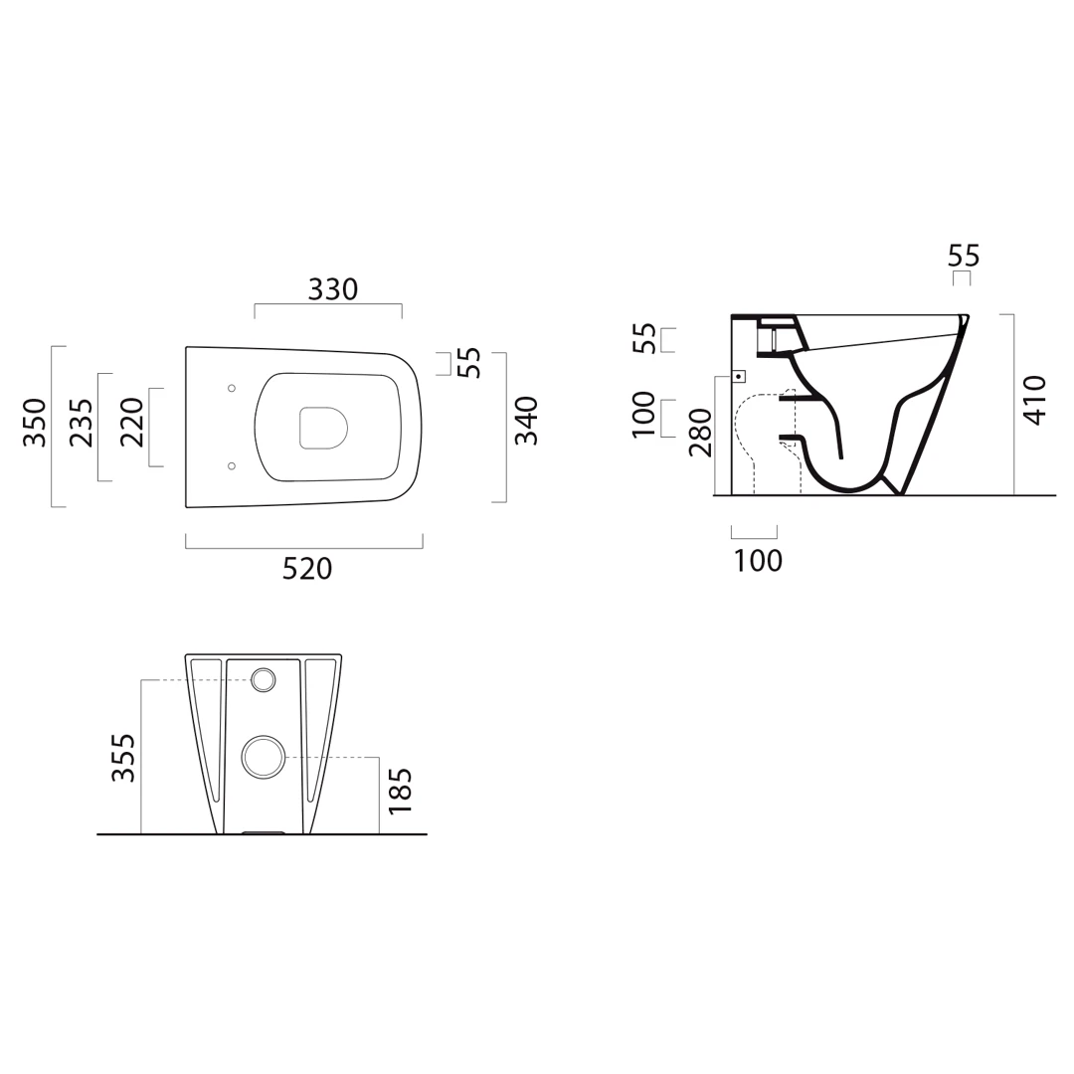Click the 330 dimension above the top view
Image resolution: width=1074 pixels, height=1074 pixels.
pos(333,289)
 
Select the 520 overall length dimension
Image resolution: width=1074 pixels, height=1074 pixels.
pos(307,569)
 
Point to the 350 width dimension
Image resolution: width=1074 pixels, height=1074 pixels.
pos(34,422)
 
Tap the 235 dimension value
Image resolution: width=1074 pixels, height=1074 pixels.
pos(82,423)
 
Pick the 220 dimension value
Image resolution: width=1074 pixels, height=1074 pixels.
pos(131,422)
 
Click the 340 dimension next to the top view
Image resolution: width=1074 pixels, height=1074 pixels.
pos(526,421)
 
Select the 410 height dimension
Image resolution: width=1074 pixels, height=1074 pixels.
pos(1035,400)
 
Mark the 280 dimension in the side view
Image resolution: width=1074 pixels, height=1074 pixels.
pos(701,433)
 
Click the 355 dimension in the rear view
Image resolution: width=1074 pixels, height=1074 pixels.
pos(124,758)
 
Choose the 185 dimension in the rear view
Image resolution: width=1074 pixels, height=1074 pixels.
pos(400,791)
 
